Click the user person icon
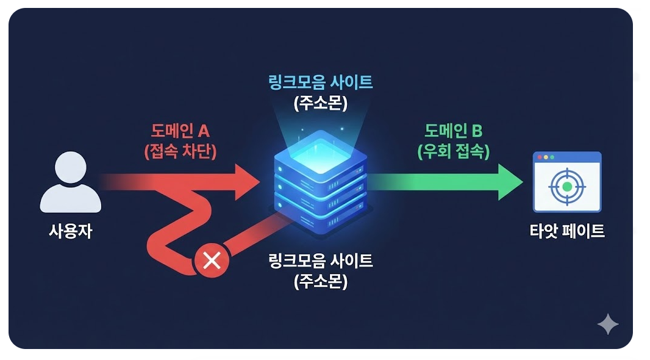[71, 183]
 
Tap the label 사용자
[71, 232]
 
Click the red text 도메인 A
[180, 131]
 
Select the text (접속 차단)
[180, 151]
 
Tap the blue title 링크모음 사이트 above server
[321, 82]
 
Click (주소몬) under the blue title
[321, 103]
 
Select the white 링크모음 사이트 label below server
[321, 261]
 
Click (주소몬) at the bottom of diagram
[321, 282]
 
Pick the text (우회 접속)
[454, 151]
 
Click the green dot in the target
[567, 186]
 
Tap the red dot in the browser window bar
[539, 157]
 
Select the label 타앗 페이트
[567, 232]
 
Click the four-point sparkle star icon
[608, 325]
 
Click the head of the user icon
[71, 166]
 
